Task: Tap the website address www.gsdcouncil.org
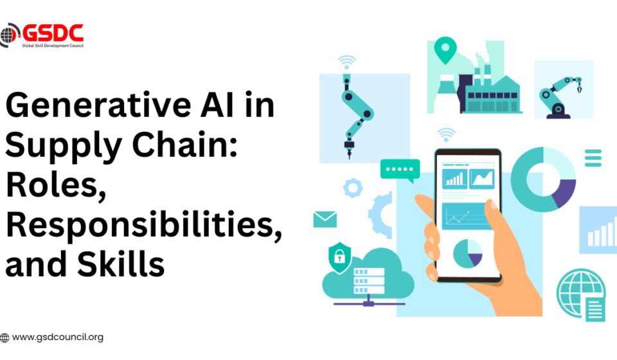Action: coord(58,337)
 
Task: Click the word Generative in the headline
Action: coord(98,105)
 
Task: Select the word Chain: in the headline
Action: coord(184,144)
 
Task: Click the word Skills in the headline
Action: coord(121,264)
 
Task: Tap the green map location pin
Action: coord(445,50)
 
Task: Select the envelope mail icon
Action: coord(325,220)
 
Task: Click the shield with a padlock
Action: coord(339,258)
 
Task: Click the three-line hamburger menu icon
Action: coord(593,157)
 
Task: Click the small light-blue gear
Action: coord(353,188)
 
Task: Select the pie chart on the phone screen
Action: coord(468,253)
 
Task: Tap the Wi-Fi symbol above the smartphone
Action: coord(446,134)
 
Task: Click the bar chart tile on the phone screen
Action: coord(455,178)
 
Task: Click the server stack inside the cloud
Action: coord(369,281)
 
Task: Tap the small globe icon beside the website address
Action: coord(4,337)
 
